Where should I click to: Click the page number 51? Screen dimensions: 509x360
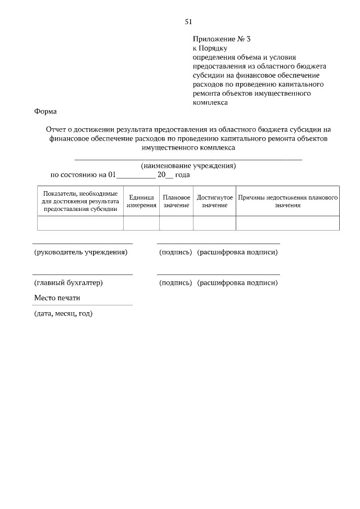point(188,22)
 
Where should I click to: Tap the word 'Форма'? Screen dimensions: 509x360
point(46,111)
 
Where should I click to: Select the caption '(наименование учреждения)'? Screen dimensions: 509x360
point(188,166)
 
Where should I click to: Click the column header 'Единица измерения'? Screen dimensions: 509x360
point(141,201)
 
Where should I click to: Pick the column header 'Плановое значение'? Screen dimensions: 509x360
point(176,201)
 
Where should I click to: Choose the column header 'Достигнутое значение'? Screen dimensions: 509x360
point(214,201)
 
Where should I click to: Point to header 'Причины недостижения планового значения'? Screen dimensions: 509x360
point(287,201)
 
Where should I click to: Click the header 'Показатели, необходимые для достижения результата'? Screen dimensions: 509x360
point(80,201)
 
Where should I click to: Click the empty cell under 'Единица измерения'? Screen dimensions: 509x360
point(141,223)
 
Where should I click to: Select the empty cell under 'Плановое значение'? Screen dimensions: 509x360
point(176,223)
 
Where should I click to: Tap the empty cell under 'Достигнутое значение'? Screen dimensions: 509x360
point(214,223)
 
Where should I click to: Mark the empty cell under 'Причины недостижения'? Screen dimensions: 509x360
point(287,223)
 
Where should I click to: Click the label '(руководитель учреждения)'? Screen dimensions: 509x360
point(80,252)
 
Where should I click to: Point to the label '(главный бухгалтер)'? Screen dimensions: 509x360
point(68,282)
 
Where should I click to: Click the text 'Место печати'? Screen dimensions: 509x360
point(57,298)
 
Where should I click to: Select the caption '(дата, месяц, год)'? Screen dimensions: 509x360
point(63,313)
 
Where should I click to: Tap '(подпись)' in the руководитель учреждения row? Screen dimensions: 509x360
point(175,252)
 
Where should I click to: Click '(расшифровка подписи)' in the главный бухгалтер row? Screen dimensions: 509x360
point(237,282)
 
